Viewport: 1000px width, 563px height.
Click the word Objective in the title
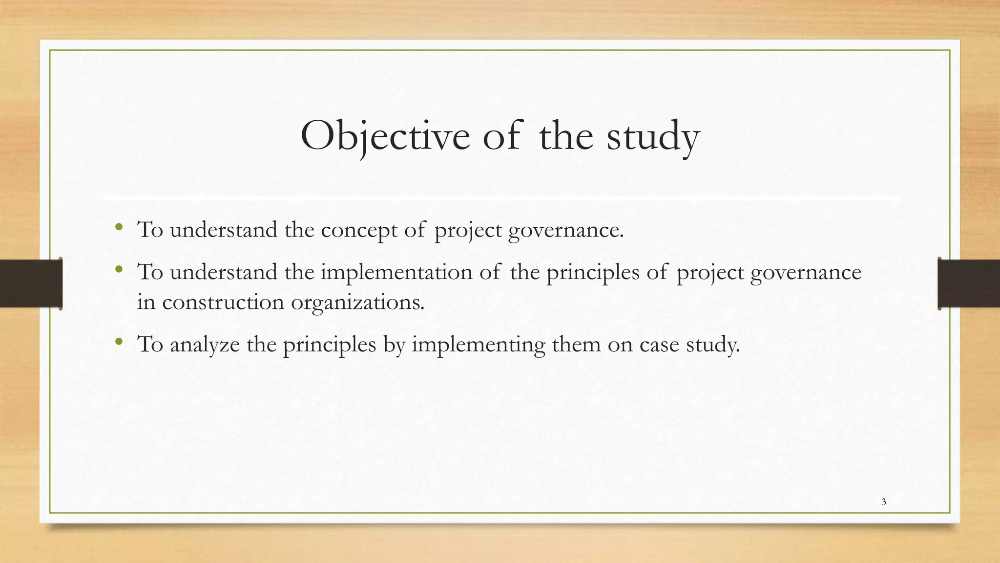click(x=385, y=136)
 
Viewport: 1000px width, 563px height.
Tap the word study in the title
click(x=653, y=137)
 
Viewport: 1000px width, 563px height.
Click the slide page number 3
click(x=884, y=502)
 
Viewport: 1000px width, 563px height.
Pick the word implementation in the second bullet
click(x=396, y=272)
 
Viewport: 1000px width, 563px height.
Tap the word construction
click(x=223, y=302)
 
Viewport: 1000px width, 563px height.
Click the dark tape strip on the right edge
click(x=969, y=283)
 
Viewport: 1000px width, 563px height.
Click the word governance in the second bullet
click(x=806, y=273)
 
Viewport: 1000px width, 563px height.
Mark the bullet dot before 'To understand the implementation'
click(x=119, y=269)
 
